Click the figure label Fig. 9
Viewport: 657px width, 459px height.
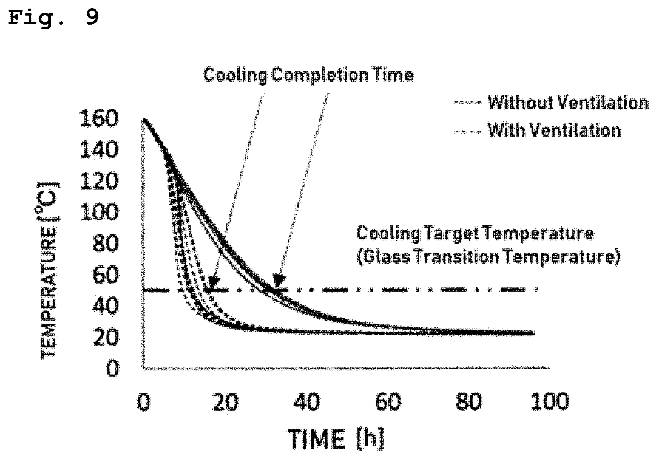[x=53, y=18]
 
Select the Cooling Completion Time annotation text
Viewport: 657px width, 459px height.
[x=309, y=75]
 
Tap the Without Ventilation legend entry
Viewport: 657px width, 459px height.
[x=551, y=103]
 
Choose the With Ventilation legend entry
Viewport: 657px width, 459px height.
[x=538, y=130]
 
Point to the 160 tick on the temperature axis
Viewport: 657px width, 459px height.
[x=99, y=119]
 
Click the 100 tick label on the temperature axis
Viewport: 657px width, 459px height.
[x=99, y=212]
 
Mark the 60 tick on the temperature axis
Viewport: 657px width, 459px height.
[x=106, y=275]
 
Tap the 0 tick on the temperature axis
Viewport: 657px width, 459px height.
[x=113, y=368]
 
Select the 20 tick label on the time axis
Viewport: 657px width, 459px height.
[x=225, y=402]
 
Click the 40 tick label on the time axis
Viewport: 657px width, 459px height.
[x=307, y=402]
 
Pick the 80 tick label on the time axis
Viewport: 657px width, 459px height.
[x=469, y=402]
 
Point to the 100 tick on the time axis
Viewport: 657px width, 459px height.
[x=550, y=402]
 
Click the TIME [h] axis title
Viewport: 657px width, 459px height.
[x=336, y=439]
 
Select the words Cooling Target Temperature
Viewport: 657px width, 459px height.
[x=475, y=234]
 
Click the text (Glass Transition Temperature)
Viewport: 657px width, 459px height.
[x=489, y=257]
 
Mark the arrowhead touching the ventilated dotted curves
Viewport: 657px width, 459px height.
[x=214, y=282]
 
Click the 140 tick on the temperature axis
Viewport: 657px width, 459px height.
[x=99, y=150]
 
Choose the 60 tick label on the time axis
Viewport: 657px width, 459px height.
[x=388, y=402]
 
